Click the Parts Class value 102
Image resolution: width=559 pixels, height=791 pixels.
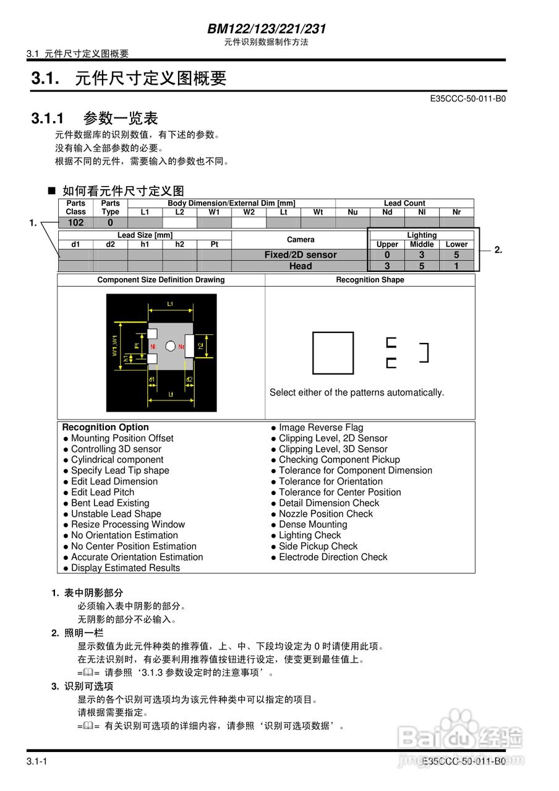coord(75,222)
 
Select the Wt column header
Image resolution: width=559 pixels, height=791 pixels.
coord(318,212)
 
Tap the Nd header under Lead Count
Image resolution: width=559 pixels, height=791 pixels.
coord(387,212)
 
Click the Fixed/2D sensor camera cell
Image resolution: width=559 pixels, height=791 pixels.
coord(301,255)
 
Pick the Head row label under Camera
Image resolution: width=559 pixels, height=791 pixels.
coord(301,266)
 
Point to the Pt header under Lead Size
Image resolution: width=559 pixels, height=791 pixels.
coord(214,244)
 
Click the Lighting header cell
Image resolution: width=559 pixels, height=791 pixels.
coord(422,235)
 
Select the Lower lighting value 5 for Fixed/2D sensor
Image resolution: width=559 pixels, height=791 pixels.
coord(456,255)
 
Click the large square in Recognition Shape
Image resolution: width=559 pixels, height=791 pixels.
coord(333,353)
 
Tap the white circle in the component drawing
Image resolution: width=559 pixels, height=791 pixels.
coord(170,347)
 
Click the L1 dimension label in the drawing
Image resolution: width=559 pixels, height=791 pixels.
coord(170,303)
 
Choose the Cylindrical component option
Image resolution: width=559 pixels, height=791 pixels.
coord(117,460)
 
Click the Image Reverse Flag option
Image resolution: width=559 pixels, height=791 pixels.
coord(321,428)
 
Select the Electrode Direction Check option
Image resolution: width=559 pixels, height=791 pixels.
coord(333,557)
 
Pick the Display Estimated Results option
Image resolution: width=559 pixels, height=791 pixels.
coord(125,568)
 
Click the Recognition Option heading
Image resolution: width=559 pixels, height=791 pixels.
coord(105,427)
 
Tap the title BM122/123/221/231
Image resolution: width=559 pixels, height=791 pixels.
coord(267,28)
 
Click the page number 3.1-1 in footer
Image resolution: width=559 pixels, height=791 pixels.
coord(37,761)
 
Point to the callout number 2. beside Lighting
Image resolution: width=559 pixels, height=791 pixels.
coord(498,250)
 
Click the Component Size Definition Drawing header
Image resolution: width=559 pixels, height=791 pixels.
coord(161,280)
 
